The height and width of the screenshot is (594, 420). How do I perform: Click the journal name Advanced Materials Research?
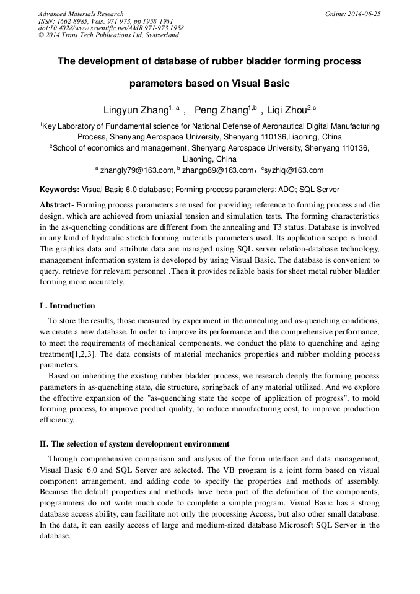[x=81, y=14]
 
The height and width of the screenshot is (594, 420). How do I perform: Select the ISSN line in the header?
[x=105, y=21]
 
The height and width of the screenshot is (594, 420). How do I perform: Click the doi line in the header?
[x=111, y=28]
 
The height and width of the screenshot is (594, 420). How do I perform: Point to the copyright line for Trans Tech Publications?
[x=108, y=35]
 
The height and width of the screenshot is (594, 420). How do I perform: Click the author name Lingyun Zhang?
[x=136, y=110]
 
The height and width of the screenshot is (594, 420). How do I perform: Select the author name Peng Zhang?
[x=221, y=110]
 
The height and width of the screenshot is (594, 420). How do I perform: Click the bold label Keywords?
[x=59, y=190]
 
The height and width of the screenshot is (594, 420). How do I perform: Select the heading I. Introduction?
[x=68, y=306]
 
